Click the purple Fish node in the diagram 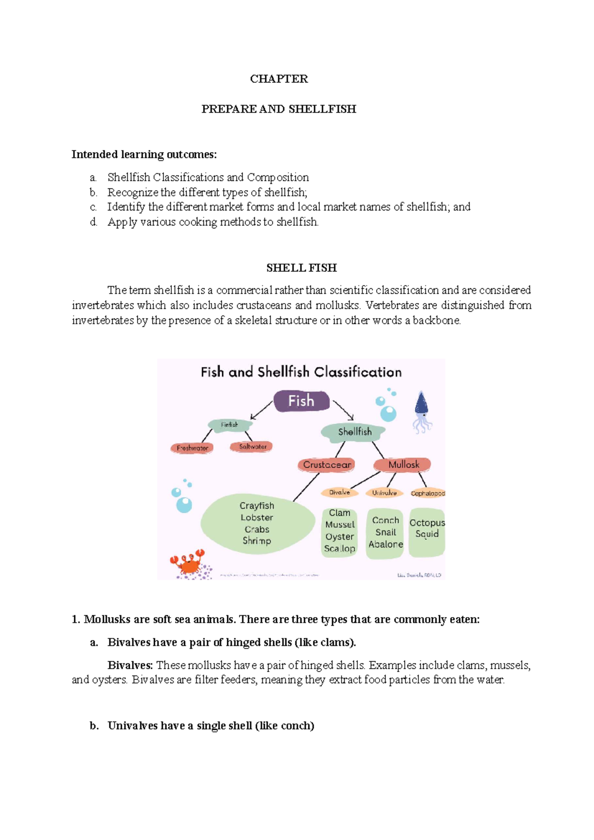[x=301, y=401]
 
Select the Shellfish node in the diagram [x=354, y=432]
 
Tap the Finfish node [x=230, y=425]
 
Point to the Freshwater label [x=192, y=448]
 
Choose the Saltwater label [x=252, y=446]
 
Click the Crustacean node [x=327, y=465]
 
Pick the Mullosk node [x=403, y=465]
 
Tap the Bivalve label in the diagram [x=340, y=492]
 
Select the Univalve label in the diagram [x=384, y=493]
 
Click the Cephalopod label [x=428, y=493]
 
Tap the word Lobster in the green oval [x=257, y=518]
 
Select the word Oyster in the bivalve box [x=340, y=536]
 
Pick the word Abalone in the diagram [x=386, y=544]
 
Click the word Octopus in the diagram [x=427, y=523]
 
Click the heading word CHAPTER [x=279, y=79]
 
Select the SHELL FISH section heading [x=301, y=268]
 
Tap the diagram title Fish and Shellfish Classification [x=301, y=372]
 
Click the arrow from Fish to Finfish [x=262, y=410]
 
